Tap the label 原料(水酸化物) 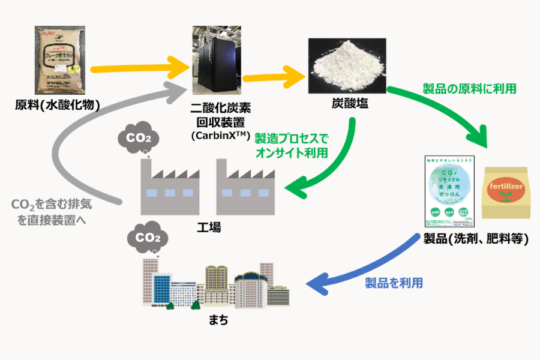click(x=57, y=107)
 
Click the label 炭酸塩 click(x=346, y=104)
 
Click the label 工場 click(x=208, y=227)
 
